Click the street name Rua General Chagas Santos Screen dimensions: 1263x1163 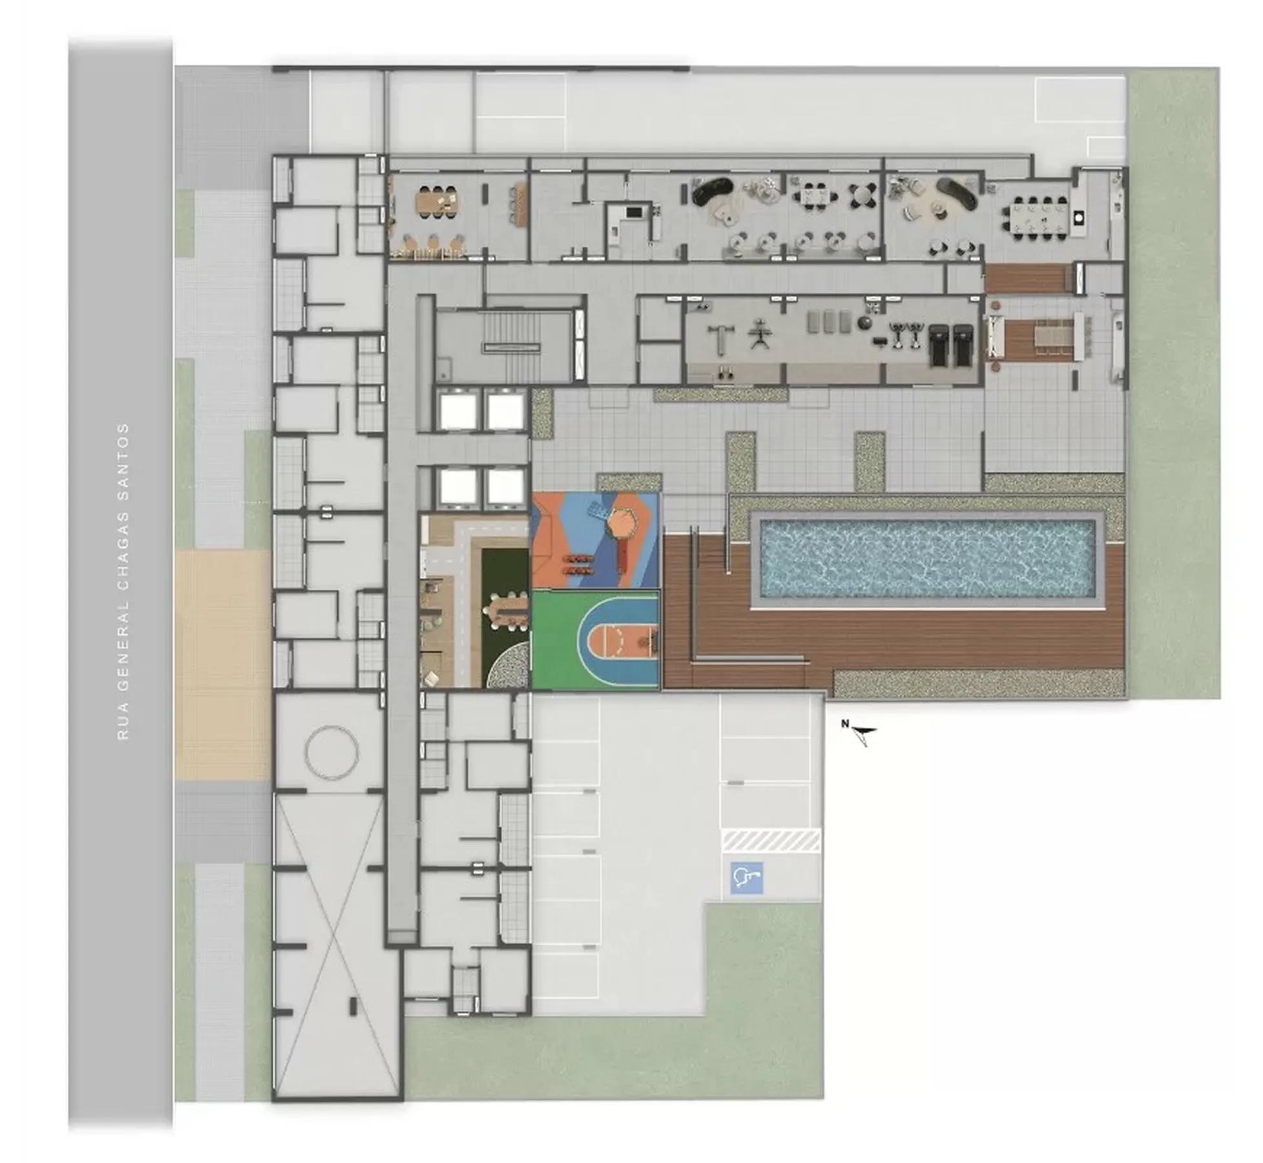(x=123, y=581)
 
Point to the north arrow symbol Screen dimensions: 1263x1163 (x=862, y=733)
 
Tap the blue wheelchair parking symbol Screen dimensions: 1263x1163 (x=747, y=878)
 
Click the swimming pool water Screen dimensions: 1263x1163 (x=928, y=559)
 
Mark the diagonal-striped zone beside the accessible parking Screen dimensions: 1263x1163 (x=771, y=841)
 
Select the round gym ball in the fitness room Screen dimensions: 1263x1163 (x=864, y=322)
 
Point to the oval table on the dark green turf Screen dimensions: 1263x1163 (x=505, y=611)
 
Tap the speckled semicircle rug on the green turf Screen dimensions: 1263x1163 (x=508, y=665)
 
